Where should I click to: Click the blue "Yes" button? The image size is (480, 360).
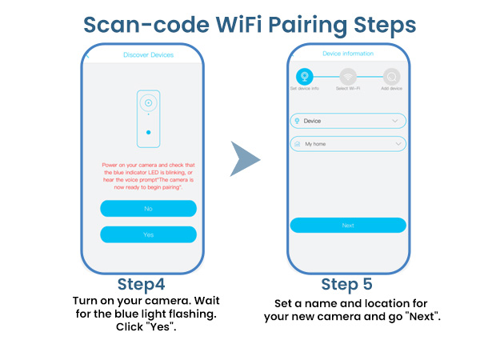(148, 234)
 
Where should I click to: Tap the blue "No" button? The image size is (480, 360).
(148, 208)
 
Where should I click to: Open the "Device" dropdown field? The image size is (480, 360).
(347, 121)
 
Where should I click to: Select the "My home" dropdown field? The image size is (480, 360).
(347, 144)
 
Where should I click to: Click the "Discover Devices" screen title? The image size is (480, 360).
(148, 55)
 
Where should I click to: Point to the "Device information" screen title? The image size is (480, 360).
(347, 54)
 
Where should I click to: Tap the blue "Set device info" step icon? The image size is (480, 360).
(304, 77)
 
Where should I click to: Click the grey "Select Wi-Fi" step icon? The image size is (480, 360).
(347, 77)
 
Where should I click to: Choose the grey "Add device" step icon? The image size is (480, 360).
(391, 77)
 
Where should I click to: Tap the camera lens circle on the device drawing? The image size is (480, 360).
(148, 102)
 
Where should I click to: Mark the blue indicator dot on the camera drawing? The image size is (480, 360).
(148, 132)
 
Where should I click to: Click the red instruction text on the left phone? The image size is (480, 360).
(148, 174)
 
